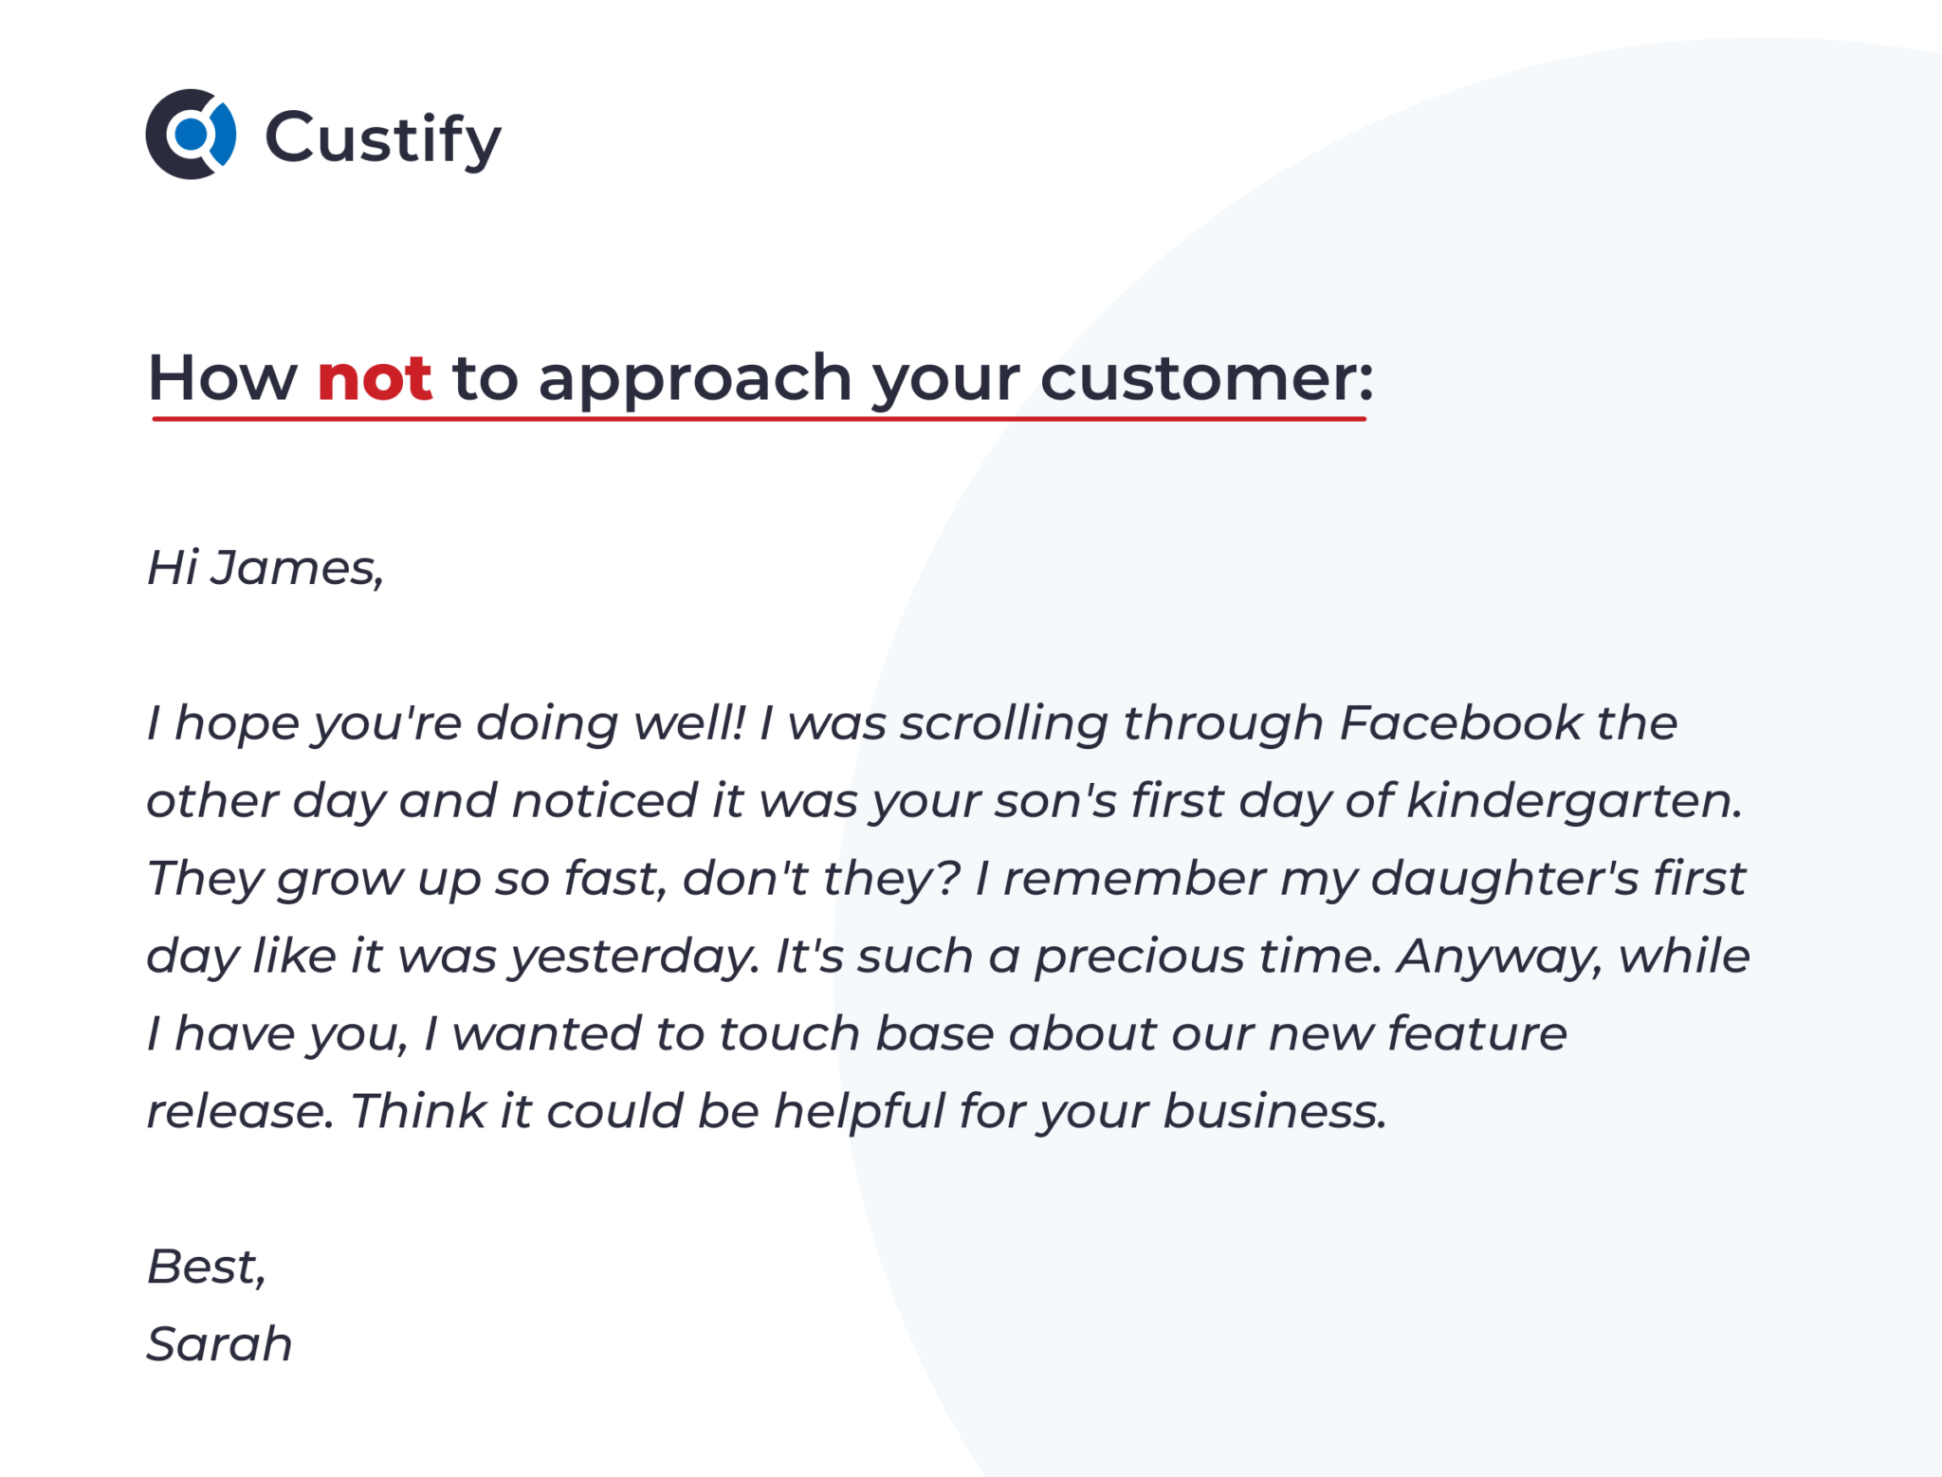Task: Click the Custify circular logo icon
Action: (x=190, y=134)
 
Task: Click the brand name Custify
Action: (x=383, y=139)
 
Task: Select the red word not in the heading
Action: (x=375, y=377)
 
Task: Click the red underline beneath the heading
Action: (x=759, y=418)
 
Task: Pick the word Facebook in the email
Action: (x=1460, y=722)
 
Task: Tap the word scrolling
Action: (x=1004, y=724)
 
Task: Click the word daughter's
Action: (x=1505, y=879)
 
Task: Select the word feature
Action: (x=1477, y=1033)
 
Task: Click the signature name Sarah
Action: (x=220, y=1344)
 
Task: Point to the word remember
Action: (x=1134, y=879)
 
